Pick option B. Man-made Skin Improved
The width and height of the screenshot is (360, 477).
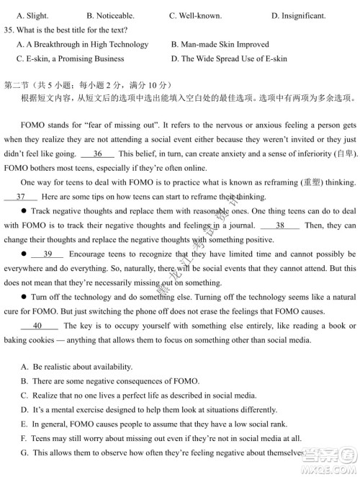220,44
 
